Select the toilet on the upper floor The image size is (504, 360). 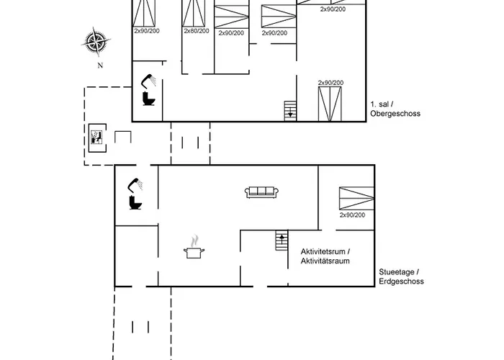pyautogui.click(x=149, y=99)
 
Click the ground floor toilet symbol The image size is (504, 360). pyautogui.click(x=135, y=203)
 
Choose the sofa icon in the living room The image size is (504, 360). pyautogui.click(x=261, y=192)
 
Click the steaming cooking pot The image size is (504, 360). pyautogui.click(x=194, y=250)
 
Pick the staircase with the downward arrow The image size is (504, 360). pyautogui.click(x=290, y=110)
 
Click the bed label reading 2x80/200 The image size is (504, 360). pyautogui.click(x=197, y=31)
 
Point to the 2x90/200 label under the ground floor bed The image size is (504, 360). pyautogui.click(x=352, y=215)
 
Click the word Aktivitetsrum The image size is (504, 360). pyautogui.click(x=324, y=251)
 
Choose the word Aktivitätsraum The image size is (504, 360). pyautogui.click(x=325, y=261)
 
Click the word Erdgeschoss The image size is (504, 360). pyautogui.click(x=401, y=282)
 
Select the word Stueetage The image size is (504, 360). pyautogui.click(x=397, y=271)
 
